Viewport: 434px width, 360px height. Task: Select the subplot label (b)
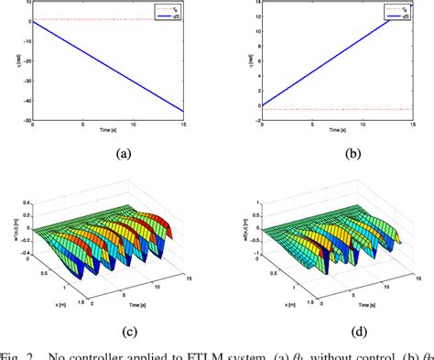pyautogui.click(x=351, y=154)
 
